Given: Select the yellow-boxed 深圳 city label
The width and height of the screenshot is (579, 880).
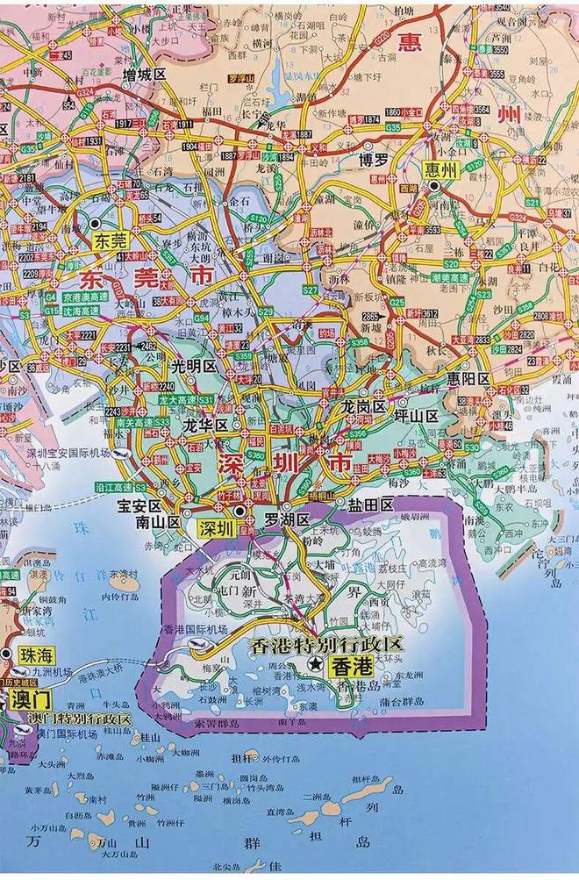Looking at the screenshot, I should [215, 528].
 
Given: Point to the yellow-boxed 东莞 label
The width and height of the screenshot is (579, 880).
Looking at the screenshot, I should [112, 239].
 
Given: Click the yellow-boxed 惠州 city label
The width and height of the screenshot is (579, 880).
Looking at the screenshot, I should [440, 171].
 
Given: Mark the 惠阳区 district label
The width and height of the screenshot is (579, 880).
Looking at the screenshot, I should [466, 379].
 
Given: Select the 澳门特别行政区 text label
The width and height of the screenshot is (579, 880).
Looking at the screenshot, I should [79, 719].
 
